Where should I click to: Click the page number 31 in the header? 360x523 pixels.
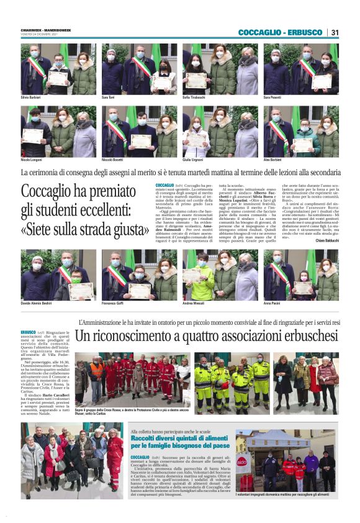[335, 32]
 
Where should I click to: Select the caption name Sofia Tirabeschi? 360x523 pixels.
[195, 98]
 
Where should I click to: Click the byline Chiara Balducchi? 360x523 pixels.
[328, 240]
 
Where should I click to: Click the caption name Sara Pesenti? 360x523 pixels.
[272, 98]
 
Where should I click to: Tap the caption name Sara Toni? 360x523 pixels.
[108, 98]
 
